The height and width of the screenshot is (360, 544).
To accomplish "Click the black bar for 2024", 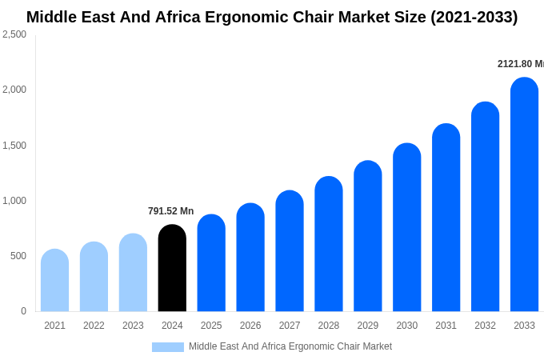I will coord(172,268).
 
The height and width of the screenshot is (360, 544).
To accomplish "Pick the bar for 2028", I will coord(329,244).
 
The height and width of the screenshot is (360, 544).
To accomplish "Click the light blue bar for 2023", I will coord(133,273).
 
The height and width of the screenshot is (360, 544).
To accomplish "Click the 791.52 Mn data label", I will coord(170,211).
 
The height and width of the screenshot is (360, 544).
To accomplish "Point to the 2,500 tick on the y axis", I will coord(14,34).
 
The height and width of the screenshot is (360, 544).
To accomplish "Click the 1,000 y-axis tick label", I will coord(14,201).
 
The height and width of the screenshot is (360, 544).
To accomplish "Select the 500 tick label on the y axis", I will coord(18,256).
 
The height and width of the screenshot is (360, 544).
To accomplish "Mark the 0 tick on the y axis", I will coord(23,311).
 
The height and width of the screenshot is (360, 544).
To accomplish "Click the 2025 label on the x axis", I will coord(211,326).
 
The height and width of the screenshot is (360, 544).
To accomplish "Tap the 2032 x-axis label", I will coord(485,326).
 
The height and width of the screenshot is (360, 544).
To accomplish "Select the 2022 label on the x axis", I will coord(94,326).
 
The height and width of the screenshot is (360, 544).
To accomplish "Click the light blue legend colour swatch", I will coord(168,347).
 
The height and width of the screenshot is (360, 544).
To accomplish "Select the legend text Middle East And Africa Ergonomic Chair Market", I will coord(290,346).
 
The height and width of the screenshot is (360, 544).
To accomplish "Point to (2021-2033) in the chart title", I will coord(474,17).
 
